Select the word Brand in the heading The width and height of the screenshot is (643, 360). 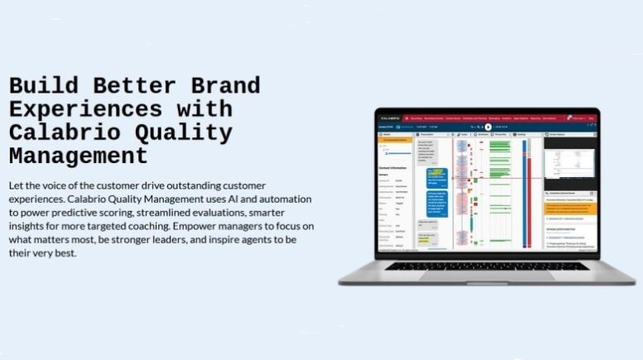tap(218, 85)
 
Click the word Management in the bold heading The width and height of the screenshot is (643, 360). tap(78, 155)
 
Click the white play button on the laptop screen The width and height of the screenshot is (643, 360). tap(488, 127)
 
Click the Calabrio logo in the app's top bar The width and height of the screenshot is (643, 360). tap(388, 118)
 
